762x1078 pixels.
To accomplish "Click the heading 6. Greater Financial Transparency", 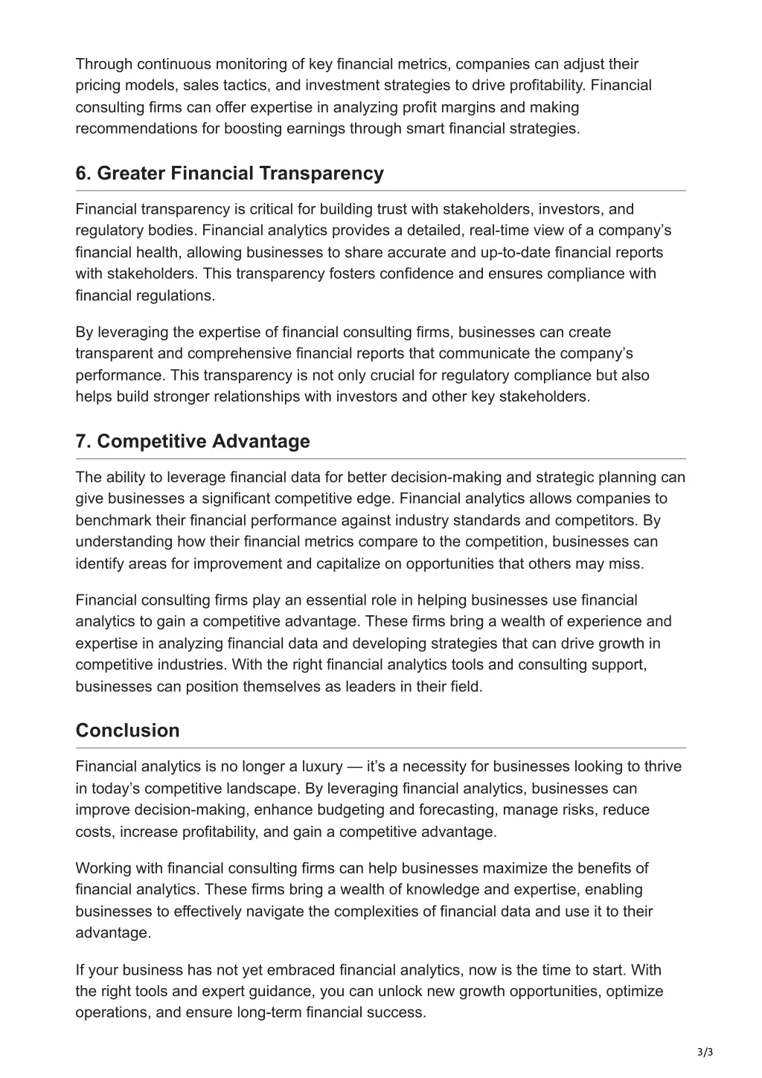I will click(x=229, y=173).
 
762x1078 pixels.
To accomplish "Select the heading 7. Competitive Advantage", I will click(x=193, y=441).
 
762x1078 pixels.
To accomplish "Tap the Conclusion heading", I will click(x=127, y=730).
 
